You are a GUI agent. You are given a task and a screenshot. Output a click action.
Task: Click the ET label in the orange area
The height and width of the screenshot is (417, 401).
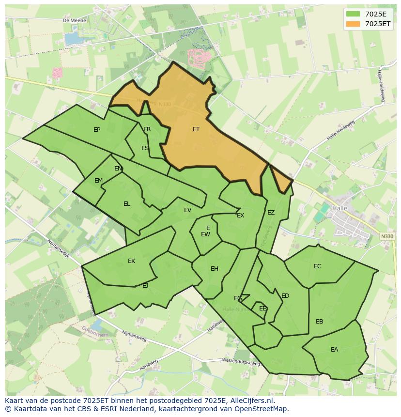point(196,129)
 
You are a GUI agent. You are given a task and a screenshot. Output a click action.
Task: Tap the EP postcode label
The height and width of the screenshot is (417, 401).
point(97,130)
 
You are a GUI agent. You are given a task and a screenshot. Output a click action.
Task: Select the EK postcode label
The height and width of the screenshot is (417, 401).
point(131,261)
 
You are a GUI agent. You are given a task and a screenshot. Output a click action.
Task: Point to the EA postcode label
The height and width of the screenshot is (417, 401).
point(334,350)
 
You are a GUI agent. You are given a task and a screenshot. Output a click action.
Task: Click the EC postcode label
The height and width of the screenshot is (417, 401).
point(317,266)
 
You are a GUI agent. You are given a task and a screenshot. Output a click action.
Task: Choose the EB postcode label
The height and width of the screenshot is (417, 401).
point(319,322)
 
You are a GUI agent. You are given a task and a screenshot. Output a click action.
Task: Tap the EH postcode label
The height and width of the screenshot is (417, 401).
point(214,269)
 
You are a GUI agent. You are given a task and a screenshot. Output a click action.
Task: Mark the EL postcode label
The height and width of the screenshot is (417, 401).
point(126,204)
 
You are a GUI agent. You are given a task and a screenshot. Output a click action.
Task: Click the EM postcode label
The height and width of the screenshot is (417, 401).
point(98,181)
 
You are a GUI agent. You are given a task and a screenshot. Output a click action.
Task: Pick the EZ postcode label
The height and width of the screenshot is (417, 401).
point(271,213)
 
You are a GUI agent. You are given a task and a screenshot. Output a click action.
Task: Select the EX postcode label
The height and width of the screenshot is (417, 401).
point(240,216)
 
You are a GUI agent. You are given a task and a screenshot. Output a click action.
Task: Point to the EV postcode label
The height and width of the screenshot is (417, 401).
point(187,210)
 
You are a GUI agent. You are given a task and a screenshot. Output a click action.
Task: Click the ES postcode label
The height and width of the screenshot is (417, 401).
point(145,148)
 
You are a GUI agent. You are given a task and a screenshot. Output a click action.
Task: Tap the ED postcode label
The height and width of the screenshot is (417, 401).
point(285,296)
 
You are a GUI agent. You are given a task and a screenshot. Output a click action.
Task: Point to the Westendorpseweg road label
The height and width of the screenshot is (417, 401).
point(241,361)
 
